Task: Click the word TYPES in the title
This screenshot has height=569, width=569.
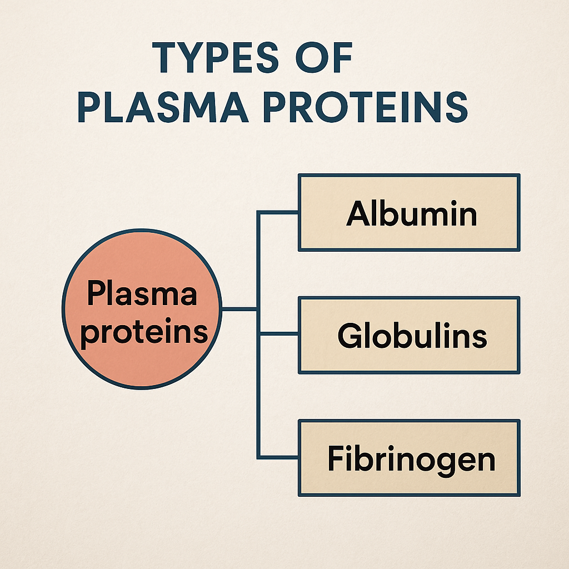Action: (215, 57)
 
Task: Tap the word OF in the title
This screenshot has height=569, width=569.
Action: (324, 57)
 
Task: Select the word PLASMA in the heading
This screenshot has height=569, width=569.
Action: (163, 107)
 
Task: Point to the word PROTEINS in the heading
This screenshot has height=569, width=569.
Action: (366, 107)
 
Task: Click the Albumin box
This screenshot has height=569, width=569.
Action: (409, 213)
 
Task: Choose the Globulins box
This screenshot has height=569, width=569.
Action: (409, 335)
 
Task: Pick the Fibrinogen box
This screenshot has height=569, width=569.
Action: (409, 458)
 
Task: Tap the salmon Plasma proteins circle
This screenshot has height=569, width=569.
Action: (142, 309)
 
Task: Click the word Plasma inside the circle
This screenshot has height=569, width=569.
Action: (142, 293)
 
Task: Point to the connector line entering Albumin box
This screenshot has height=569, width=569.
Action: (278, 212)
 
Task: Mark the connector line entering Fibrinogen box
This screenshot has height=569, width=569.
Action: (278, 457)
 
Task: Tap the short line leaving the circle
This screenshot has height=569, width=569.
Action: (239, 309)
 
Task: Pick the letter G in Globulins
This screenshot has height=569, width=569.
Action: (350, 335)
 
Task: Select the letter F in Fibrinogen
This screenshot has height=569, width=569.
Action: (336, 458)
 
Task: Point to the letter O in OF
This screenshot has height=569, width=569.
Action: (311, 57)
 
